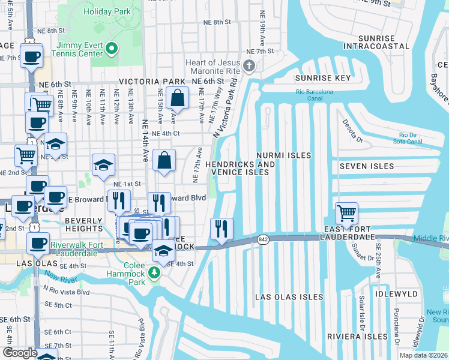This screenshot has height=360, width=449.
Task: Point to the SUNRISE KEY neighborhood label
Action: [x=322, y=79]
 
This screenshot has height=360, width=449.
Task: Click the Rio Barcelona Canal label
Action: [x=314, y=95]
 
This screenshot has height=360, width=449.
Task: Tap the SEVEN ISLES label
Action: [x=366, y=166]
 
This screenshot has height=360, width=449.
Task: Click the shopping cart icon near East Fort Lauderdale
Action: [x=346, y=212]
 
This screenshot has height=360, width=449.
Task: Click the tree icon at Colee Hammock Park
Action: [x=155, y=274]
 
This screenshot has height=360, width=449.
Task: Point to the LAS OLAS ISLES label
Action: [x=289, y=297]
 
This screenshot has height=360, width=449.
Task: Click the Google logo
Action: [x=20, y=352]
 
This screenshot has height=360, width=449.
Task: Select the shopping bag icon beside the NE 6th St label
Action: [x=178, y=97]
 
